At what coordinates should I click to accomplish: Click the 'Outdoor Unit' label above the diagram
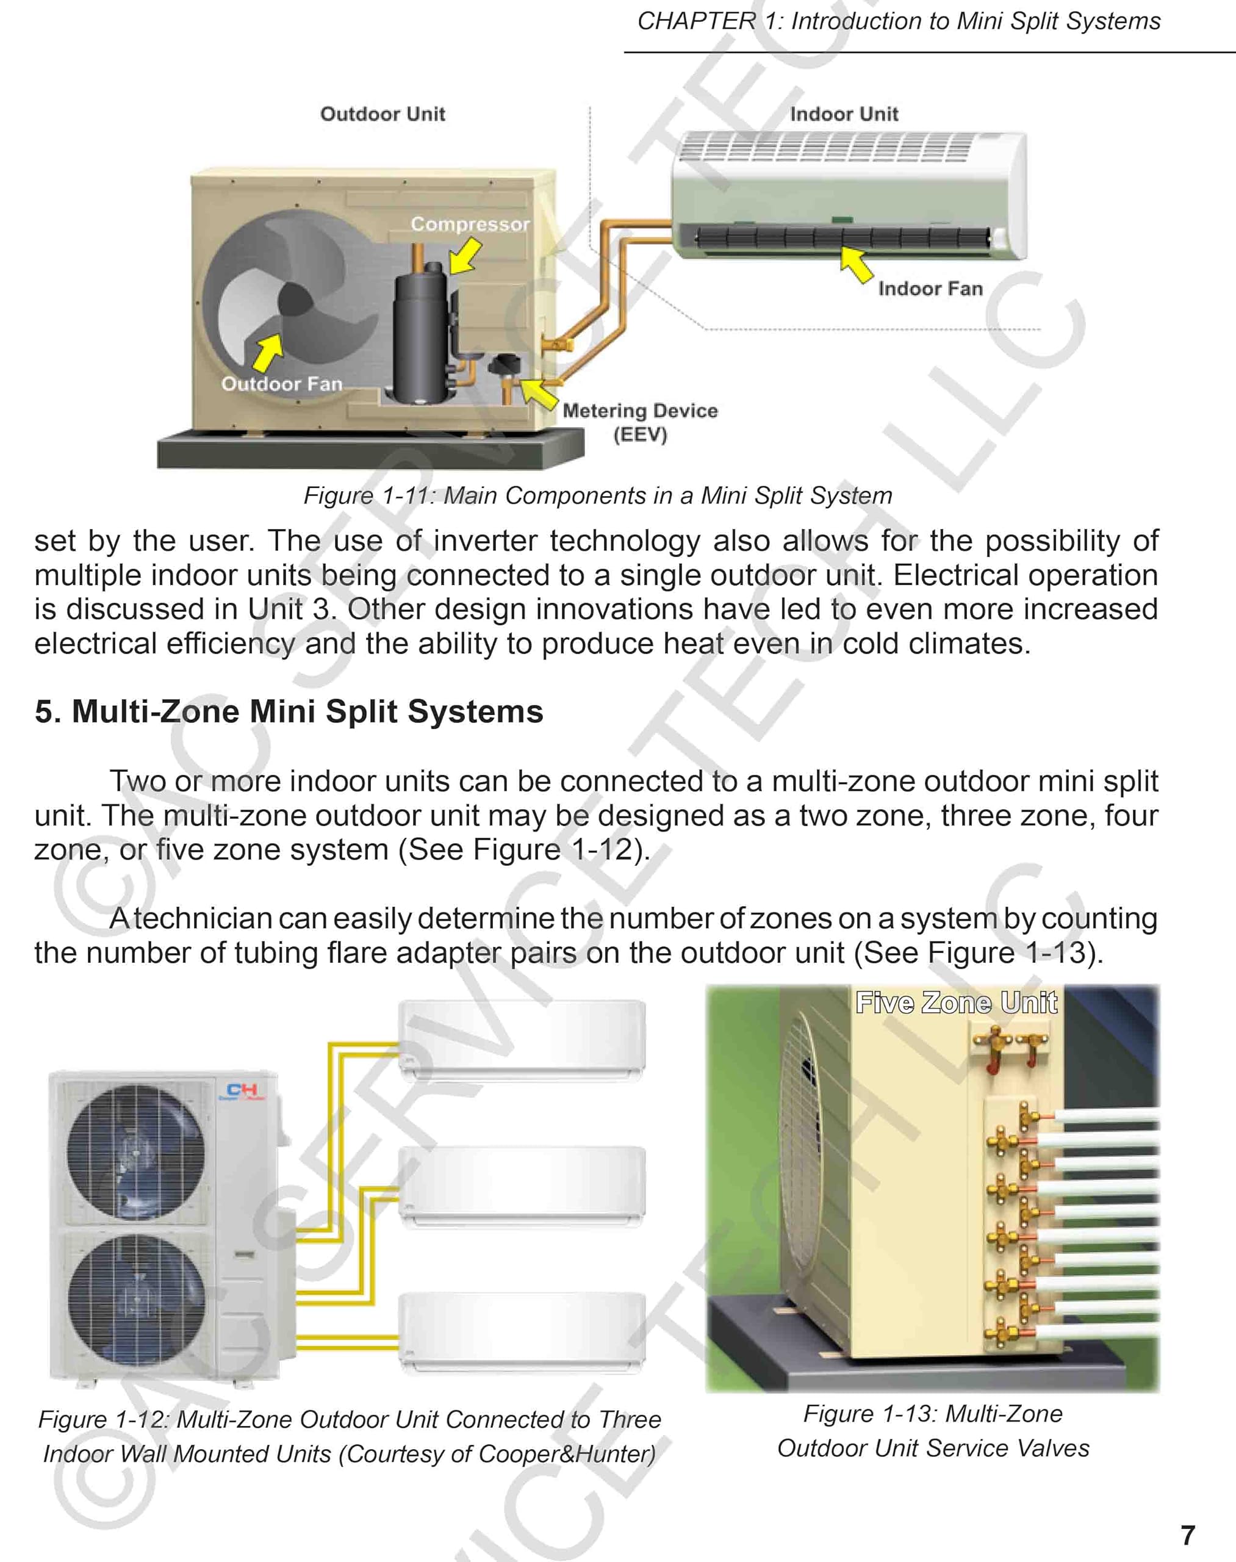[382, 113]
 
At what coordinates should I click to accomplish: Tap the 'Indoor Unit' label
[844, 113]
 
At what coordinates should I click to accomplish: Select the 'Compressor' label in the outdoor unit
[470, 224]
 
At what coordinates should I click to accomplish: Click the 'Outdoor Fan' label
[281, 384]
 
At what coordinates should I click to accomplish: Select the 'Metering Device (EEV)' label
[640, 421]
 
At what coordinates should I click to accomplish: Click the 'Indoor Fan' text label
[930, 288]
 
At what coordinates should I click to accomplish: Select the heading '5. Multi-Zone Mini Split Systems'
[289, 711]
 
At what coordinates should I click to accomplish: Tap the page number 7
[1188, 1535]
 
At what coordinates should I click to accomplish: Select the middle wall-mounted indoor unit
[522, 1186]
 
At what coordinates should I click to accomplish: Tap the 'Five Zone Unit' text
[956, 1002]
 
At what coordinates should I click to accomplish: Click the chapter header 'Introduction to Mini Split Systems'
[976, 21]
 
